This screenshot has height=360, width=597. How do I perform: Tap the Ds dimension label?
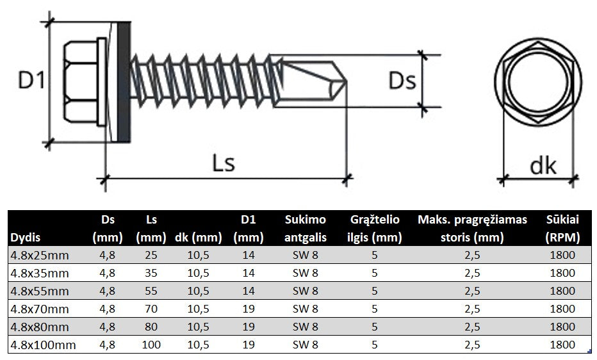click(402, 81)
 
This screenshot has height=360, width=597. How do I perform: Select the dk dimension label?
click(543, 165)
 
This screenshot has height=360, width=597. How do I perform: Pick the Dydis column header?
click(25, 237)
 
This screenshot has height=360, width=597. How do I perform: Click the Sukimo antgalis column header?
click(306, 229)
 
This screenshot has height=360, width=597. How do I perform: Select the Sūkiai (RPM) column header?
click(563, 229)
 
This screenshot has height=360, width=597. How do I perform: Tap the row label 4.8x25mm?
click(40, 255)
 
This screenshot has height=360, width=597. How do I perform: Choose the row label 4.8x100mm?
click(43, 345)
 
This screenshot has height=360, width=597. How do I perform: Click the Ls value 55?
click(151, 291)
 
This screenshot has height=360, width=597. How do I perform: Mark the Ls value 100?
click(151, 345)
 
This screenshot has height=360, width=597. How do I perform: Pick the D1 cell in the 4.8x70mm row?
click(249, 309)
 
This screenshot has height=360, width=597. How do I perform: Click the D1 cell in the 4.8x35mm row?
click(249, 273)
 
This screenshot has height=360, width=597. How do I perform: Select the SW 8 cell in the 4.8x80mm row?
click(306, 327)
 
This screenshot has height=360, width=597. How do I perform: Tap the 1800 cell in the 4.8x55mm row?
click(563, 291)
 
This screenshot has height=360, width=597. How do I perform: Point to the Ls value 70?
click(151, 309)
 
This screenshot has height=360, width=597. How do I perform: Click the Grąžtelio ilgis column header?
click(375, 229)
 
